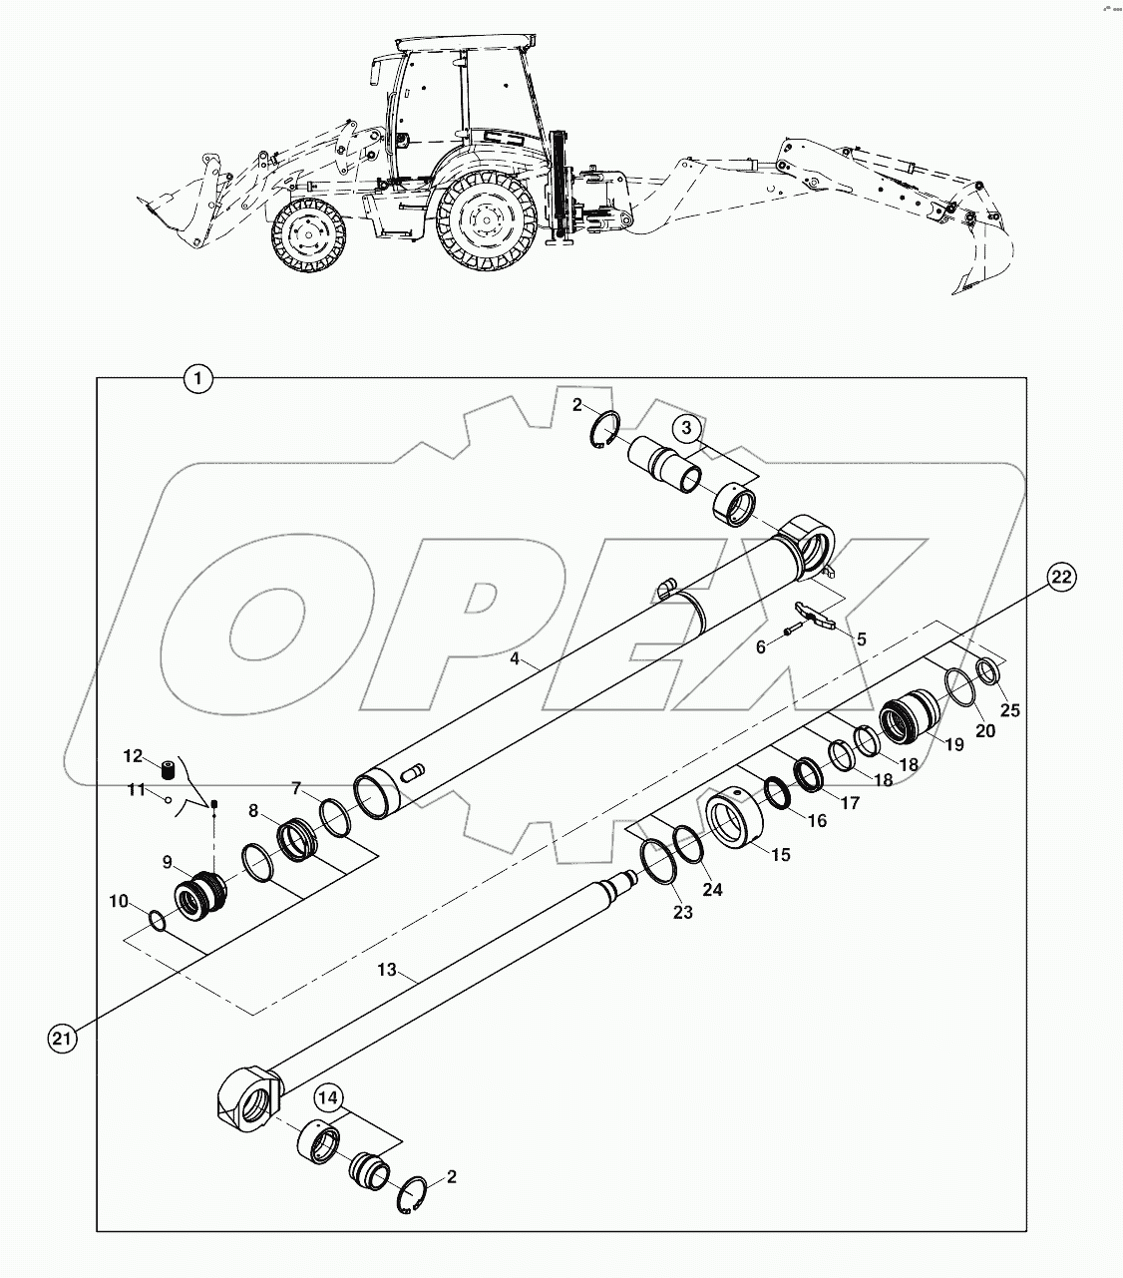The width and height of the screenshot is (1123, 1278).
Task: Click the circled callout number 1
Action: point(199,379)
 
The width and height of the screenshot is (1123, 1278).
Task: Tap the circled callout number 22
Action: point(1062,577)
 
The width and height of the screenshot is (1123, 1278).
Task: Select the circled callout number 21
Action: point(62,1040)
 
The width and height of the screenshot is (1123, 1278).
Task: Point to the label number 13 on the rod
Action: point(387,970)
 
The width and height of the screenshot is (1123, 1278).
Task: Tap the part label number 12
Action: point(134,755)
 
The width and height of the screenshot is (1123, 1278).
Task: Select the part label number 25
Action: point(1010,710)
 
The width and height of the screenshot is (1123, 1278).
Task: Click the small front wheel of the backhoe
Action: point(303,236)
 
